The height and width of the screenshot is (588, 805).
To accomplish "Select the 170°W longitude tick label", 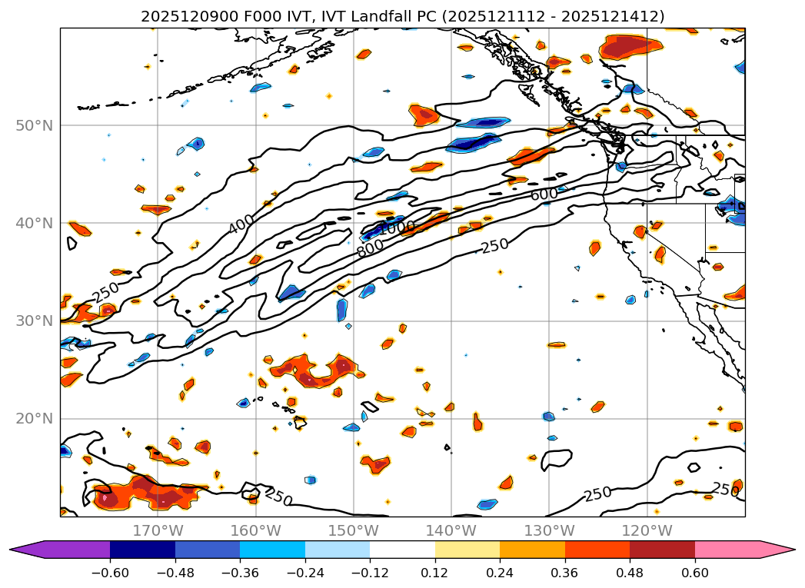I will tap(158, 531).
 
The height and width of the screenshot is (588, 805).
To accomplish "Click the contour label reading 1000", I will tap(398, 228).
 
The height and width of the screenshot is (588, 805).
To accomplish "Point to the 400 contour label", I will tap(241, 224).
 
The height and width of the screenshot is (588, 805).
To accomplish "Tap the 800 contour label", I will tap(370, 247).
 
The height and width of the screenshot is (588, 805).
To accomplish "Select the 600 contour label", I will tap(544, 194).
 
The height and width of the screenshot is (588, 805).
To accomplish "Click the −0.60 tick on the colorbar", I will tap(110, 572).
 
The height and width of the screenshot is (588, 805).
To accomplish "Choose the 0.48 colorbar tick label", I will tap(630, 572).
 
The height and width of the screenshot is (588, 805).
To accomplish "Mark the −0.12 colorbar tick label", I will tap(370, 572).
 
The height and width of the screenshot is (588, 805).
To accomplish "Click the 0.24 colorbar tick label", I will tap(500, 572).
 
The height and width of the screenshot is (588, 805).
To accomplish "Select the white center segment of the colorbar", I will tap(402, 550).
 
